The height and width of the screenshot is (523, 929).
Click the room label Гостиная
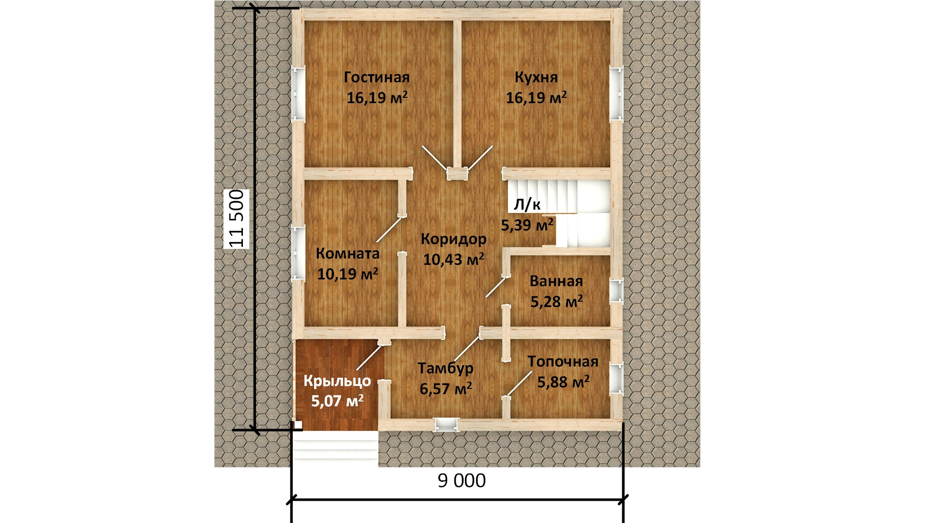pyautogui.click(x=376, y=77)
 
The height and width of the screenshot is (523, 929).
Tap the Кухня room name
pyautogui.click(x=536, y=77)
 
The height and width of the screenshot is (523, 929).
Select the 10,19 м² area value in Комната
pyautogui.click(x=347, y=274)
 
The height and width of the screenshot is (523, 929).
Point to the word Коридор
pyautogui.click(x=453, y=239)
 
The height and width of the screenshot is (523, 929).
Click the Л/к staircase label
pyautogui.click(x=527, y=205)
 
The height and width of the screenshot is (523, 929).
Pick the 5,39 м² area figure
pyautogui.click(x=527, y=225)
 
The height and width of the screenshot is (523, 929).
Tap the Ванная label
pyautogui.click(x=556, y=281)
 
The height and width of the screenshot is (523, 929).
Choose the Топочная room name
pyautogui.click(x=563, y=361)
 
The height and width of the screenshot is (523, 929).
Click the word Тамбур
pyautogui.click(x=446, y=369)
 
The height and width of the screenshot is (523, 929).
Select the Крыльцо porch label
pyautogui.click(x=337, y=382)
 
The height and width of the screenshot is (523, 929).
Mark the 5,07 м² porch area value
pyautogui.click(x=337, y=401)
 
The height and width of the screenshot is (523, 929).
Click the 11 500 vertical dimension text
pyautogui.click(x=236, y=219)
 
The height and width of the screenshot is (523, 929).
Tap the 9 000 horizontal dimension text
pyautogui.click(x=462, y=481)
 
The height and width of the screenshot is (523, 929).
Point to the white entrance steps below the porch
pyautogui.click(x=335, y=448)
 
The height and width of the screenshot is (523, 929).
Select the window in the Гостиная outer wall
pyautogui.click(x=299, y=93)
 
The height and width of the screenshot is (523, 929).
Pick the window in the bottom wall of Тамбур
pyautogui.click(x=446, y=424)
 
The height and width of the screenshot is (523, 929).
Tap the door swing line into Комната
pyautogui.click(x=390, y=229)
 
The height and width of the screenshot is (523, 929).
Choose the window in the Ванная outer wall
pyautogui.click(x=616, y=291)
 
